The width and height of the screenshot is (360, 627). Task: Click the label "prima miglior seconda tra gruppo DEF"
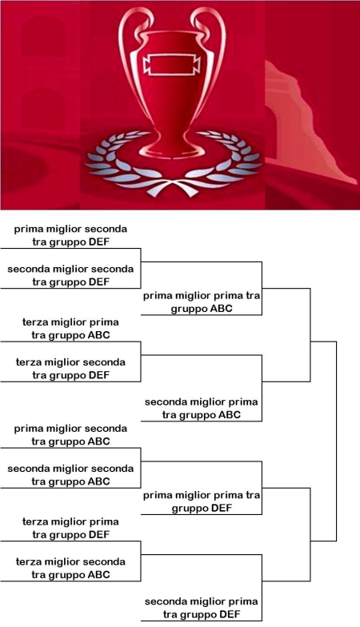point(70,235)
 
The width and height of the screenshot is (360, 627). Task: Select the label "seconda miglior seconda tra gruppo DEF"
point(70,275)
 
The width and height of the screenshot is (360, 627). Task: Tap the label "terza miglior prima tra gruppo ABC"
point(70,328)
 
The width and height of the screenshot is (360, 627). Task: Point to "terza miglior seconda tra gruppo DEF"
point(70,369)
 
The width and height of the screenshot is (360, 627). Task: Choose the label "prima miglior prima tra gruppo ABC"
point(202,302)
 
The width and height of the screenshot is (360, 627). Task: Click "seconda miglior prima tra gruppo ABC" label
point(202,408)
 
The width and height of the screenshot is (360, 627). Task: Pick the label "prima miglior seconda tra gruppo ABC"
point(70,435)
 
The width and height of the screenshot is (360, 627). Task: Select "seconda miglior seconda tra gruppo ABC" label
point(70,475)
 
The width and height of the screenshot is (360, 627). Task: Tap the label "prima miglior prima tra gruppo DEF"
point(202,502)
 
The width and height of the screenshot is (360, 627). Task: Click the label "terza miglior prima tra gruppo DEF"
point(70,528)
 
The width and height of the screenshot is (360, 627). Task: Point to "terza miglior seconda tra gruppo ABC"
point(70,568)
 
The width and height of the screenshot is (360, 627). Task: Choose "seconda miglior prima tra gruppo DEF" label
point(202,608)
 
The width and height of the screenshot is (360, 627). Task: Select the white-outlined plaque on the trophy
point(171,66)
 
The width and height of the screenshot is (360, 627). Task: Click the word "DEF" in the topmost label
point(99,242)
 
